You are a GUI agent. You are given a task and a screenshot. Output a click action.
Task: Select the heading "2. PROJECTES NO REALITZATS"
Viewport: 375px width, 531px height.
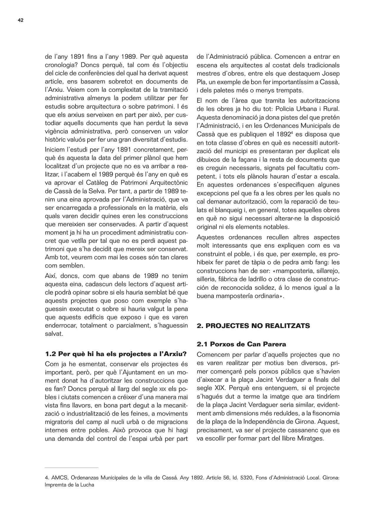(253, 326)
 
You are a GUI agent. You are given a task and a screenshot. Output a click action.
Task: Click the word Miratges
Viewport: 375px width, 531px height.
(312, 438)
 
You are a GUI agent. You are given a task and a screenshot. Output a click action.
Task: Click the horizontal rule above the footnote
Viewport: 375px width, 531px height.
(71, 468)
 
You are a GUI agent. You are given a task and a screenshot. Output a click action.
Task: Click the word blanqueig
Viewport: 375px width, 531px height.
(227, 210)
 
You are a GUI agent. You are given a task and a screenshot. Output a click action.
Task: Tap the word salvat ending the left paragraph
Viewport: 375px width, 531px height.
(53, 334)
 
